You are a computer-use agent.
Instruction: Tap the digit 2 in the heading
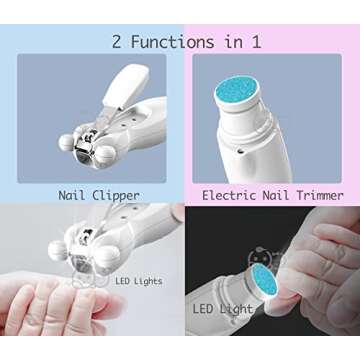117,41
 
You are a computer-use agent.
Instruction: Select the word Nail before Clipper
73,195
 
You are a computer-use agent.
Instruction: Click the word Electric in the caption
229,195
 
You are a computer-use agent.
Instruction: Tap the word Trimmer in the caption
316,195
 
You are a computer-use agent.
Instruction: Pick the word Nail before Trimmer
273,195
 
